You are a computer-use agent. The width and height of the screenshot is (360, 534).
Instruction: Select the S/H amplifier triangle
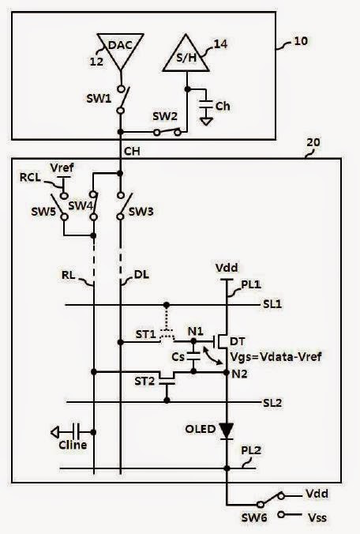pos(186,53)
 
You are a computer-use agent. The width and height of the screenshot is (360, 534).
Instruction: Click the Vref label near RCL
pos(61,167)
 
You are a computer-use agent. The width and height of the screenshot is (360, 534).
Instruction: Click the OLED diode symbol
pos(227,431)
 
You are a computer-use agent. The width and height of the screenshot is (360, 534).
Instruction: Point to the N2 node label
pos(238,371)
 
